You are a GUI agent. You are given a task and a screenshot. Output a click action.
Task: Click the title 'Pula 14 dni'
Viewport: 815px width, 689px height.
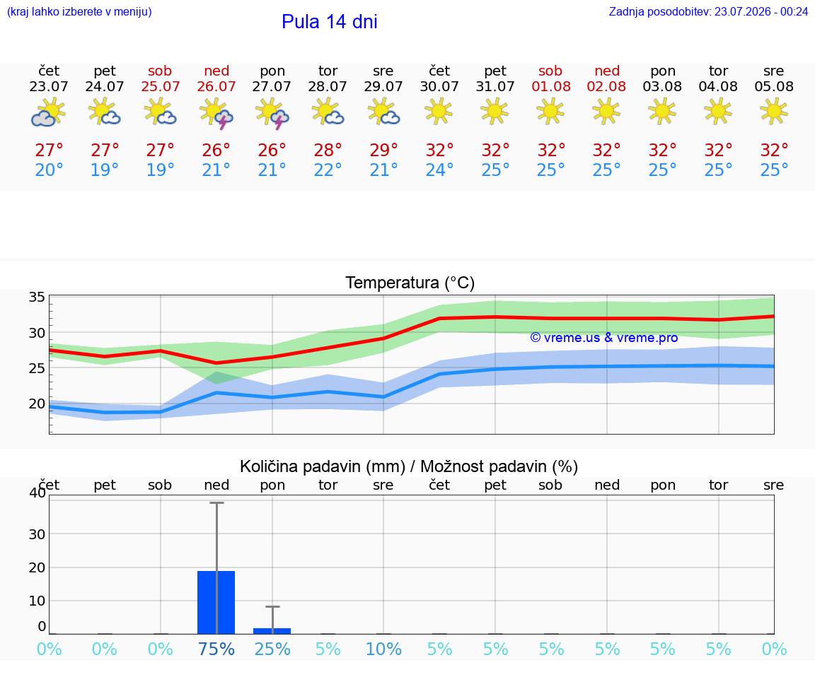330,22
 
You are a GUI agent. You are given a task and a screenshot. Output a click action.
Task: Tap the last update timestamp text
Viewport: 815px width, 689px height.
708,12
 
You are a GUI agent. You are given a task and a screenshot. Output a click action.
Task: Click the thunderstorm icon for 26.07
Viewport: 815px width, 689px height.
216,113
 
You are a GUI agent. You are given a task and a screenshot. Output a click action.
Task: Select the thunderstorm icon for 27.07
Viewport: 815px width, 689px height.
272,113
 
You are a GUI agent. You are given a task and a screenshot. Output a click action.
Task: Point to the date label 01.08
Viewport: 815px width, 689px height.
551,87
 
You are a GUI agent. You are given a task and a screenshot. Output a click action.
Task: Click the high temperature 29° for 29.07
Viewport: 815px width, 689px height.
383,150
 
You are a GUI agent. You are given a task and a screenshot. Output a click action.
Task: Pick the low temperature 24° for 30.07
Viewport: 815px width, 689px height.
439,170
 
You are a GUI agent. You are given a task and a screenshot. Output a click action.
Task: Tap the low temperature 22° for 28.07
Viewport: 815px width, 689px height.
328,170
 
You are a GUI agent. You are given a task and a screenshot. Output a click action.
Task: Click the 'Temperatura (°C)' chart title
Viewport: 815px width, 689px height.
410,283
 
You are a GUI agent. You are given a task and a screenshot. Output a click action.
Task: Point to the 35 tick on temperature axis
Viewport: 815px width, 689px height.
37,297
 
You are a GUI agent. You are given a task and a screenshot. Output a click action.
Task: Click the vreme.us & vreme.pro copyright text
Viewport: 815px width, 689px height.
604,338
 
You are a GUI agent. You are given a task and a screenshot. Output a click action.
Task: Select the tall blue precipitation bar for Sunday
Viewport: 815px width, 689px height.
216,602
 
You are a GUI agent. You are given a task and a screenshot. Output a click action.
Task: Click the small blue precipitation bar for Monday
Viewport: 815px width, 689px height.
272,631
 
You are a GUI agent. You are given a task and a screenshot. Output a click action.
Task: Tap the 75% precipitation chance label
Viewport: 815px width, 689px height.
216,649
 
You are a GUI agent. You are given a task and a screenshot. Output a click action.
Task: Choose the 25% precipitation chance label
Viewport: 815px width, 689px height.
272,649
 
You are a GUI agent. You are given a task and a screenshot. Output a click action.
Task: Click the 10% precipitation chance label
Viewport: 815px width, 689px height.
383,649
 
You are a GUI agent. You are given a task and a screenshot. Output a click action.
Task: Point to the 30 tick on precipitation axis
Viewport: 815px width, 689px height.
37,534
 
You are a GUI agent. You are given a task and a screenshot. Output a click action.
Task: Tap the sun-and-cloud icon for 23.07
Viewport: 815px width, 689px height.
48,113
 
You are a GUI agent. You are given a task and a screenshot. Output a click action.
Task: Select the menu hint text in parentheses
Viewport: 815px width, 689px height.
79,12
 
